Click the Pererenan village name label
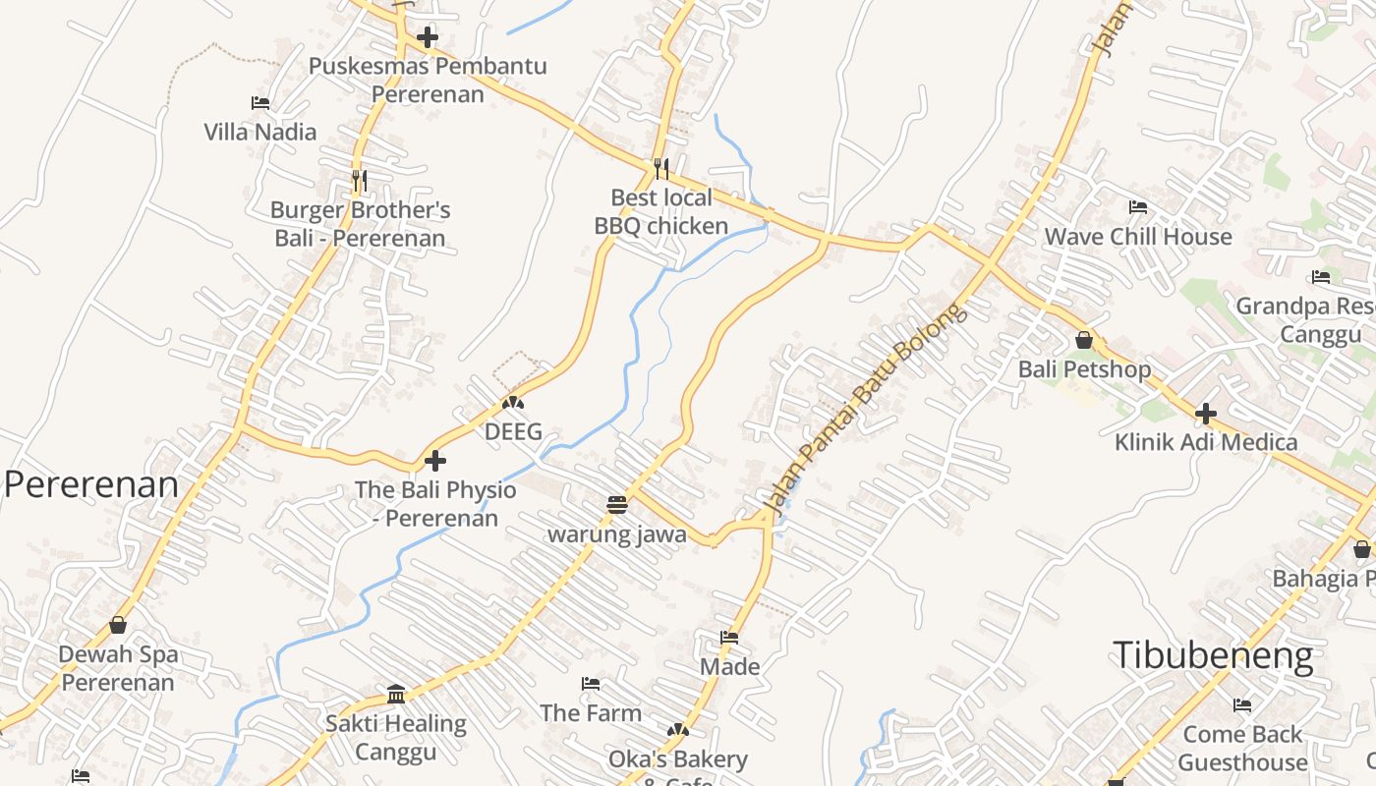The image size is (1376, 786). point(91,484)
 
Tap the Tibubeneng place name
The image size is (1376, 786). point(1213,655)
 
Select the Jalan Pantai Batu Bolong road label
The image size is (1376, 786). point(866,412)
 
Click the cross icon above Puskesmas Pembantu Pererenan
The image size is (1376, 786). point(428,38)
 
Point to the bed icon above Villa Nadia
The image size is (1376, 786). point(260,103)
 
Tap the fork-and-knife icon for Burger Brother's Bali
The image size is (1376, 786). point(359,181)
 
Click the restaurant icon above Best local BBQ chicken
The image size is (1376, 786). point(661,169)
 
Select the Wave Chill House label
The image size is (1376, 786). point(1137,237)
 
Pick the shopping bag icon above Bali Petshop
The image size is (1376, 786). point(1084,340)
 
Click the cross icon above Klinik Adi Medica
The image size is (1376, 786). point(1206,414)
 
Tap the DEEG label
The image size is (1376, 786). point(513,431)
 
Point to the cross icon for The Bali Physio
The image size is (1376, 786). point(435,460)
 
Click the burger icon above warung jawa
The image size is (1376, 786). point(617,505)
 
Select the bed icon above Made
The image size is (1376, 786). point(729,638)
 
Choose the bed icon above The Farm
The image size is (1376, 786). point(591,684)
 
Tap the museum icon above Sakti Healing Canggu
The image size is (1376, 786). point(396,695)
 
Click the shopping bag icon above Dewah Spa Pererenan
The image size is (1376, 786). point(118,625)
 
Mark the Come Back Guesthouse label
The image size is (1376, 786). point(1242,748)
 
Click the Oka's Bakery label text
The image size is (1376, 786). point(678,759)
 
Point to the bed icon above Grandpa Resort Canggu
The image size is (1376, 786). point(1321,277)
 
